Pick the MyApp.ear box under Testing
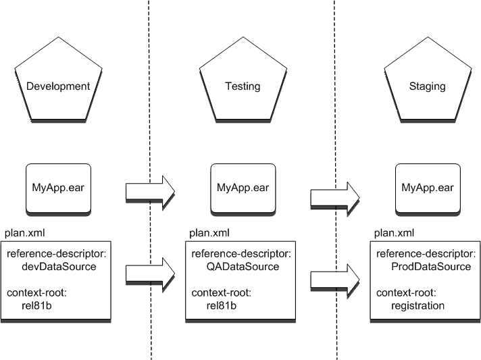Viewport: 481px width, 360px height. [242, 186]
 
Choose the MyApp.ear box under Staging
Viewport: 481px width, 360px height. [427, 186]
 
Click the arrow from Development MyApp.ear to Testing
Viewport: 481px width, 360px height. [149, 190]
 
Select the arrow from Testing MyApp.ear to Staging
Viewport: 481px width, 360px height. [334, 197]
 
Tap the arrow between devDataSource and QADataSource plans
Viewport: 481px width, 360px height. [149, 273]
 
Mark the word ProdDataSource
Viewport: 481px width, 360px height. [431, 267]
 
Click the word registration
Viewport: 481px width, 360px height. [417, 305]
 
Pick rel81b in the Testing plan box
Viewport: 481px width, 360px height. [220, 305]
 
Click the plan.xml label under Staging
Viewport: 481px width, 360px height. [394, 232]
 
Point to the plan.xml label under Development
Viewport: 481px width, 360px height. [25, 232]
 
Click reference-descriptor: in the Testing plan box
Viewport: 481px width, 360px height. [241, 254]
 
